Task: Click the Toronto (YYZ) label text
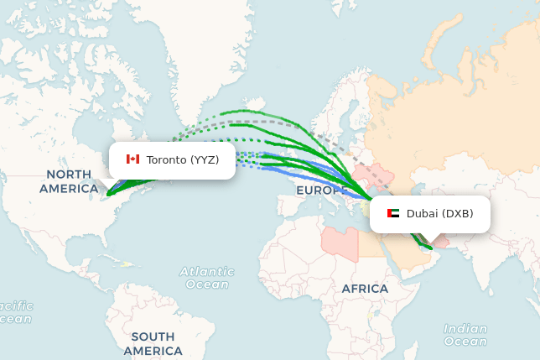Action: click(x=182, y=159)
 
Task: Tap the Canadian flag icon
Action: click(x=132, y=159)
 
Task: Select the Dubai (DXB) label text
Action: click(x=439, y=214)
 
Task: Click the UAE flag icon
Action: click(x=393, y=214)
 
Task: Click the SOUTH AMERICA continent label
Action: click(x=153, y=343)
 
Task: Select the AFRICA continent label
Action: click(x=365, y=289)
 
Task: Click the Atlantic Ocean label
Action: click(x=207, y=278)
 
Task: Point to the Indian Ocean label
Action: click(x=465, y=335)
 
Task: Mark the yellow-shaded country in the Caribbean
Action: click(x=127, y=265)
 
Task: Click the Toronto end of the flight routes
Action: click(x=107, y=195)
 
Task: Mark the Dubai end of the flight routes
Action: click(x=429, y=248)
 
